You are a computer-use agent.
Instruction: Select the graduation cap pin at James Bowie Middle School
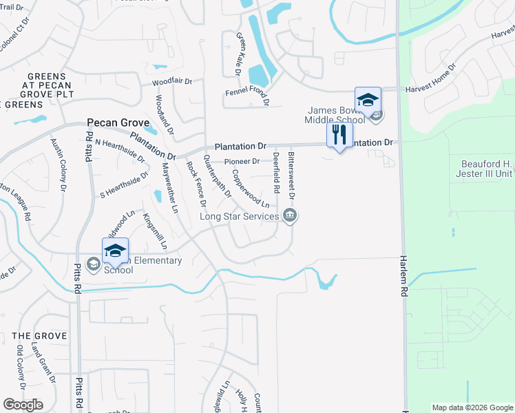pyautogui.click(x=368, y=99)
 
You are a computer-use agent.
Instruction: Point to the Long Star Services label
pyautogui.click(x=239, y=217)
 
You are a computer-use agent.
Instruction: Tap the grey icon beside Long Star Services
pyautogui.click(x=290, y=217)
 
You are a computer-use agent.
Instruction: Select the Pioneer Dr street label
pyautogui.click(x=242, y=162)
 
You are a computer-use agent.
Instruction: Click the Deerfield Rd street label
pyautogui.click(x=276, y=172)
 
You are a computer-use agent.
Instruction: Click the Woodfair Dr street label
pyautogui.click(x=172, y=81)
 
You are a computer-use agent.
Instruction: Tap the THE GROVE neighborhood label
pyautogui.click(x=40, y=336)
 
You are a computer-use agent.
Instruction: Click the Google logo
pyautogui.click(x=23, y=405)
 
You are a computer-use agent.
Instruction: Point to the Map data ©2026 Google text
pyautogui.click(x=472, y=407)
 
